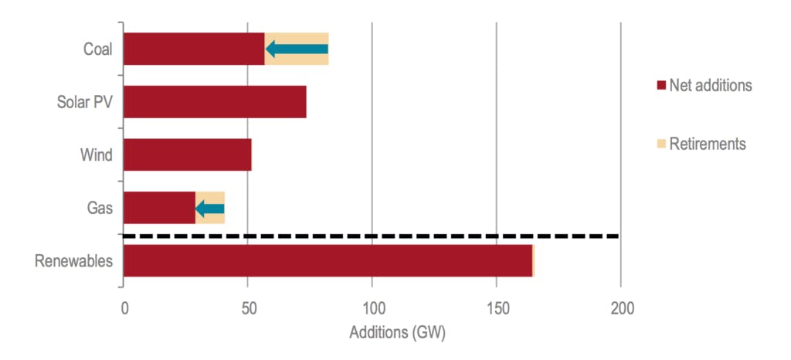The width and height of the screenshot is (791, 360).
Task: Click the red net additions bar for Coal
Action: click(x=193, y=49)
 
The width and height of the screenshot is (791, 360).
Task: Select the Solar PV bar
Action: click(x=215, y=102)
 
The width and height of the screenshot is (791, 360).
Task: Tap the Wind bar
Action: click(x=187, y=155)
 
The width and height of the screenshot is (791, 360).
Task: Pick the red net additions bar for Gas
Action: click(x=159, y=208)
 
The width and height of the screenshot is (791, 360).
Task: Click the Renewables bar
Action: click(x=328, y=260)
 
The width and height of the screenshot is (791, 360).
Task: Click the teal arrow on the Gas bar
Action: click(x=209, y=208)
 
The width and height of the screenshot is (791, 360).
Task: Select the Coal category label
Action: click(x=98, y=49)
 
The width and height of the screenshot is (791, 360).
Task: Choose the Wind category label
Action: click(x=97, y=155)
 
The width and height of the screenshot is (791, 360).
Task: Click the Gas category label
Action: click(x=100, y=208)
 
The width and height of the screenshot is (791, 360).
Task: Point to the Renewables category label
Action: click(x=74, y=261)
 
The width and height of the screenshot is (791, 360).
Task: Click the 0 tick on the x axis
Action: click(x=124, y=310)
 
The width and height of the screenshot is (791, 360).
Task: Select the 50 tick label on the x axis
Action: click(x=247, y=310)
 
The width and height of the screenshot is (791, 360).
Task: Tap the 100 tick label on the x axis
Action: click(x=372, y=310)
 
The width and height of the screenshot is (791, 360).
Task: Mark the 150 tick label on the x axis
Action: click(x=496, y=310)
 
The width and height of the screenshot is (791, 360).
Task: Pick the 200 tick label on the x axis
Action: click(x=621, y=310)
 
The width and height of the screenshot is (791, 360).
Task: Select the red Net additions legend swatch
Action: click(x=660, y=85)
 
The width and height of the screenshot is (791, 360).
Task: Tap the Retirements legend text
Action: click(x=708, y=144)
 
